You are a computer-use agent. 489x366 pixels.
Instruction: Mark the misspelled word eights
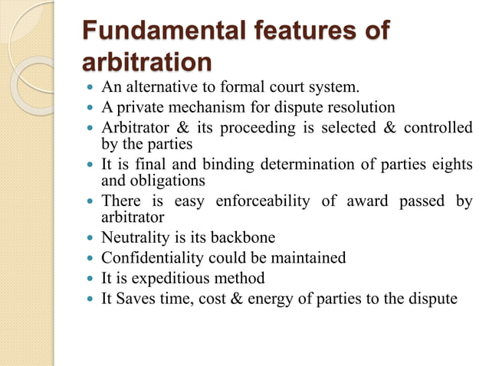452,165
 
